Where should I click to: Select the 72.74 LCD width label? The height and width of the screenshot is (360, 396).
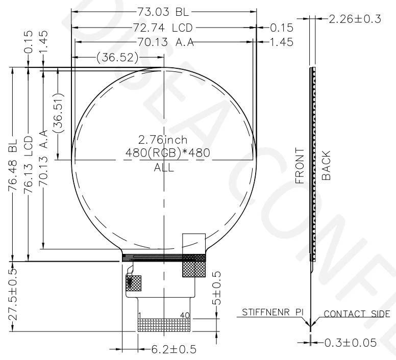tap(164, 27)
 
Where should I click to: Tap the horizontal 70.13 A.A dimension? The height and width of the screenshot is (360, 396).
tap(165, 42)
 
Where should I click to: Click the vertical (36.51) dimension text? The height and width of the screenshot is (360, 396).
tap(58, 113)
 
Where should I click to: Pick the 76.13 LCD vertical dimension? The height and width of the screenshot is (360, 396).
tap(28, 165)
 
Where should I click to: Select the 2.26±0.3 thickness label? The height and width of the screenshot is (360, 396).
tap(355, 19)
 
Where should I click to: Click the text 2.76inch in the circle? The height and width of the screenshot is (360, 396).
tap(163, 139)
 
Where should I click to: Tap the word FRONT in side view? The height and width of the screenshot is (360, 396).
tap(300, 166)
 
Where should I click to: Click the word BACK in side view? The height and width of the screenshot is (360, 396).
tap(327, 166)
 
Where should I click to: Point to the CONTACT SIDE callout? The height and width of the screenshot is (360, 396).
tap(359, 314)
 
